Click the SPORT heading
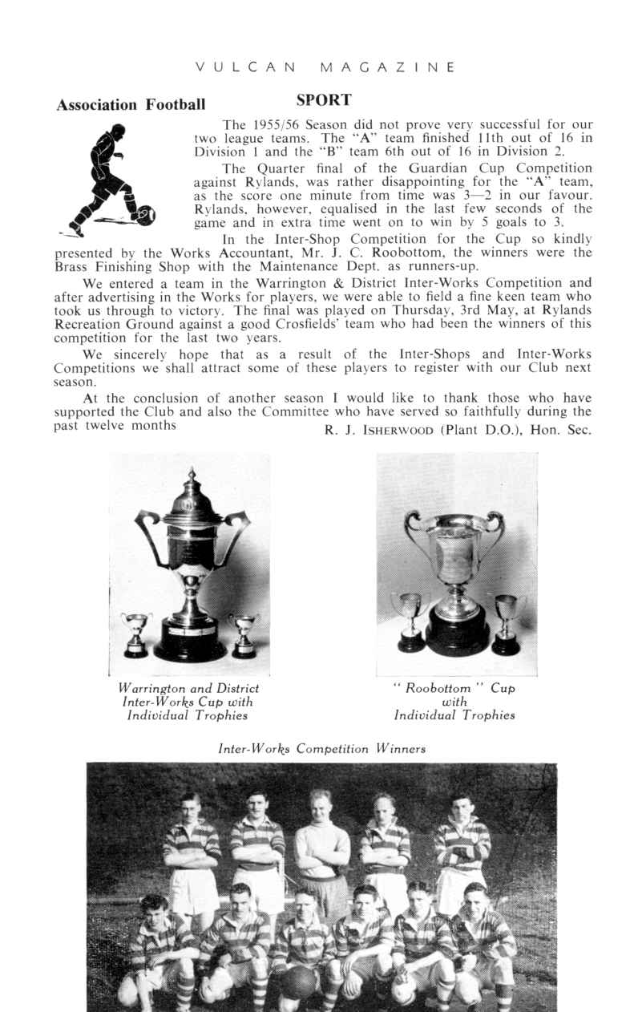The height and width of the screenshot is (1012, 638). click(x=324, y=100)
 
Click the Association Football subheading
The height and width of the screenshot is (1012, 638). click(x=130, y=105)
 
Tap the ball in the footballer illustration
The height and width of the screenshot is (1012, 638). click(x=145, y=215)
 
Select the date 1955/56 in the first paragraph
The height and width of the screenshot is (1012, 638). click(x=277, y=124)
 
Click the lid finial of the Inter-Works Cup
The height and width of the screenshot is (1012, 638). click(x=191, y=478)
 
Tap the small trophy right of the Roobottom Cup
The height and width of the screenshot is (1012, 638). click(x=506, y=623)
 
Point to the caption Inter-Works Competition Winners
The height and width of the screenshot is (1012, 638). click(x=321, y=749)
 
